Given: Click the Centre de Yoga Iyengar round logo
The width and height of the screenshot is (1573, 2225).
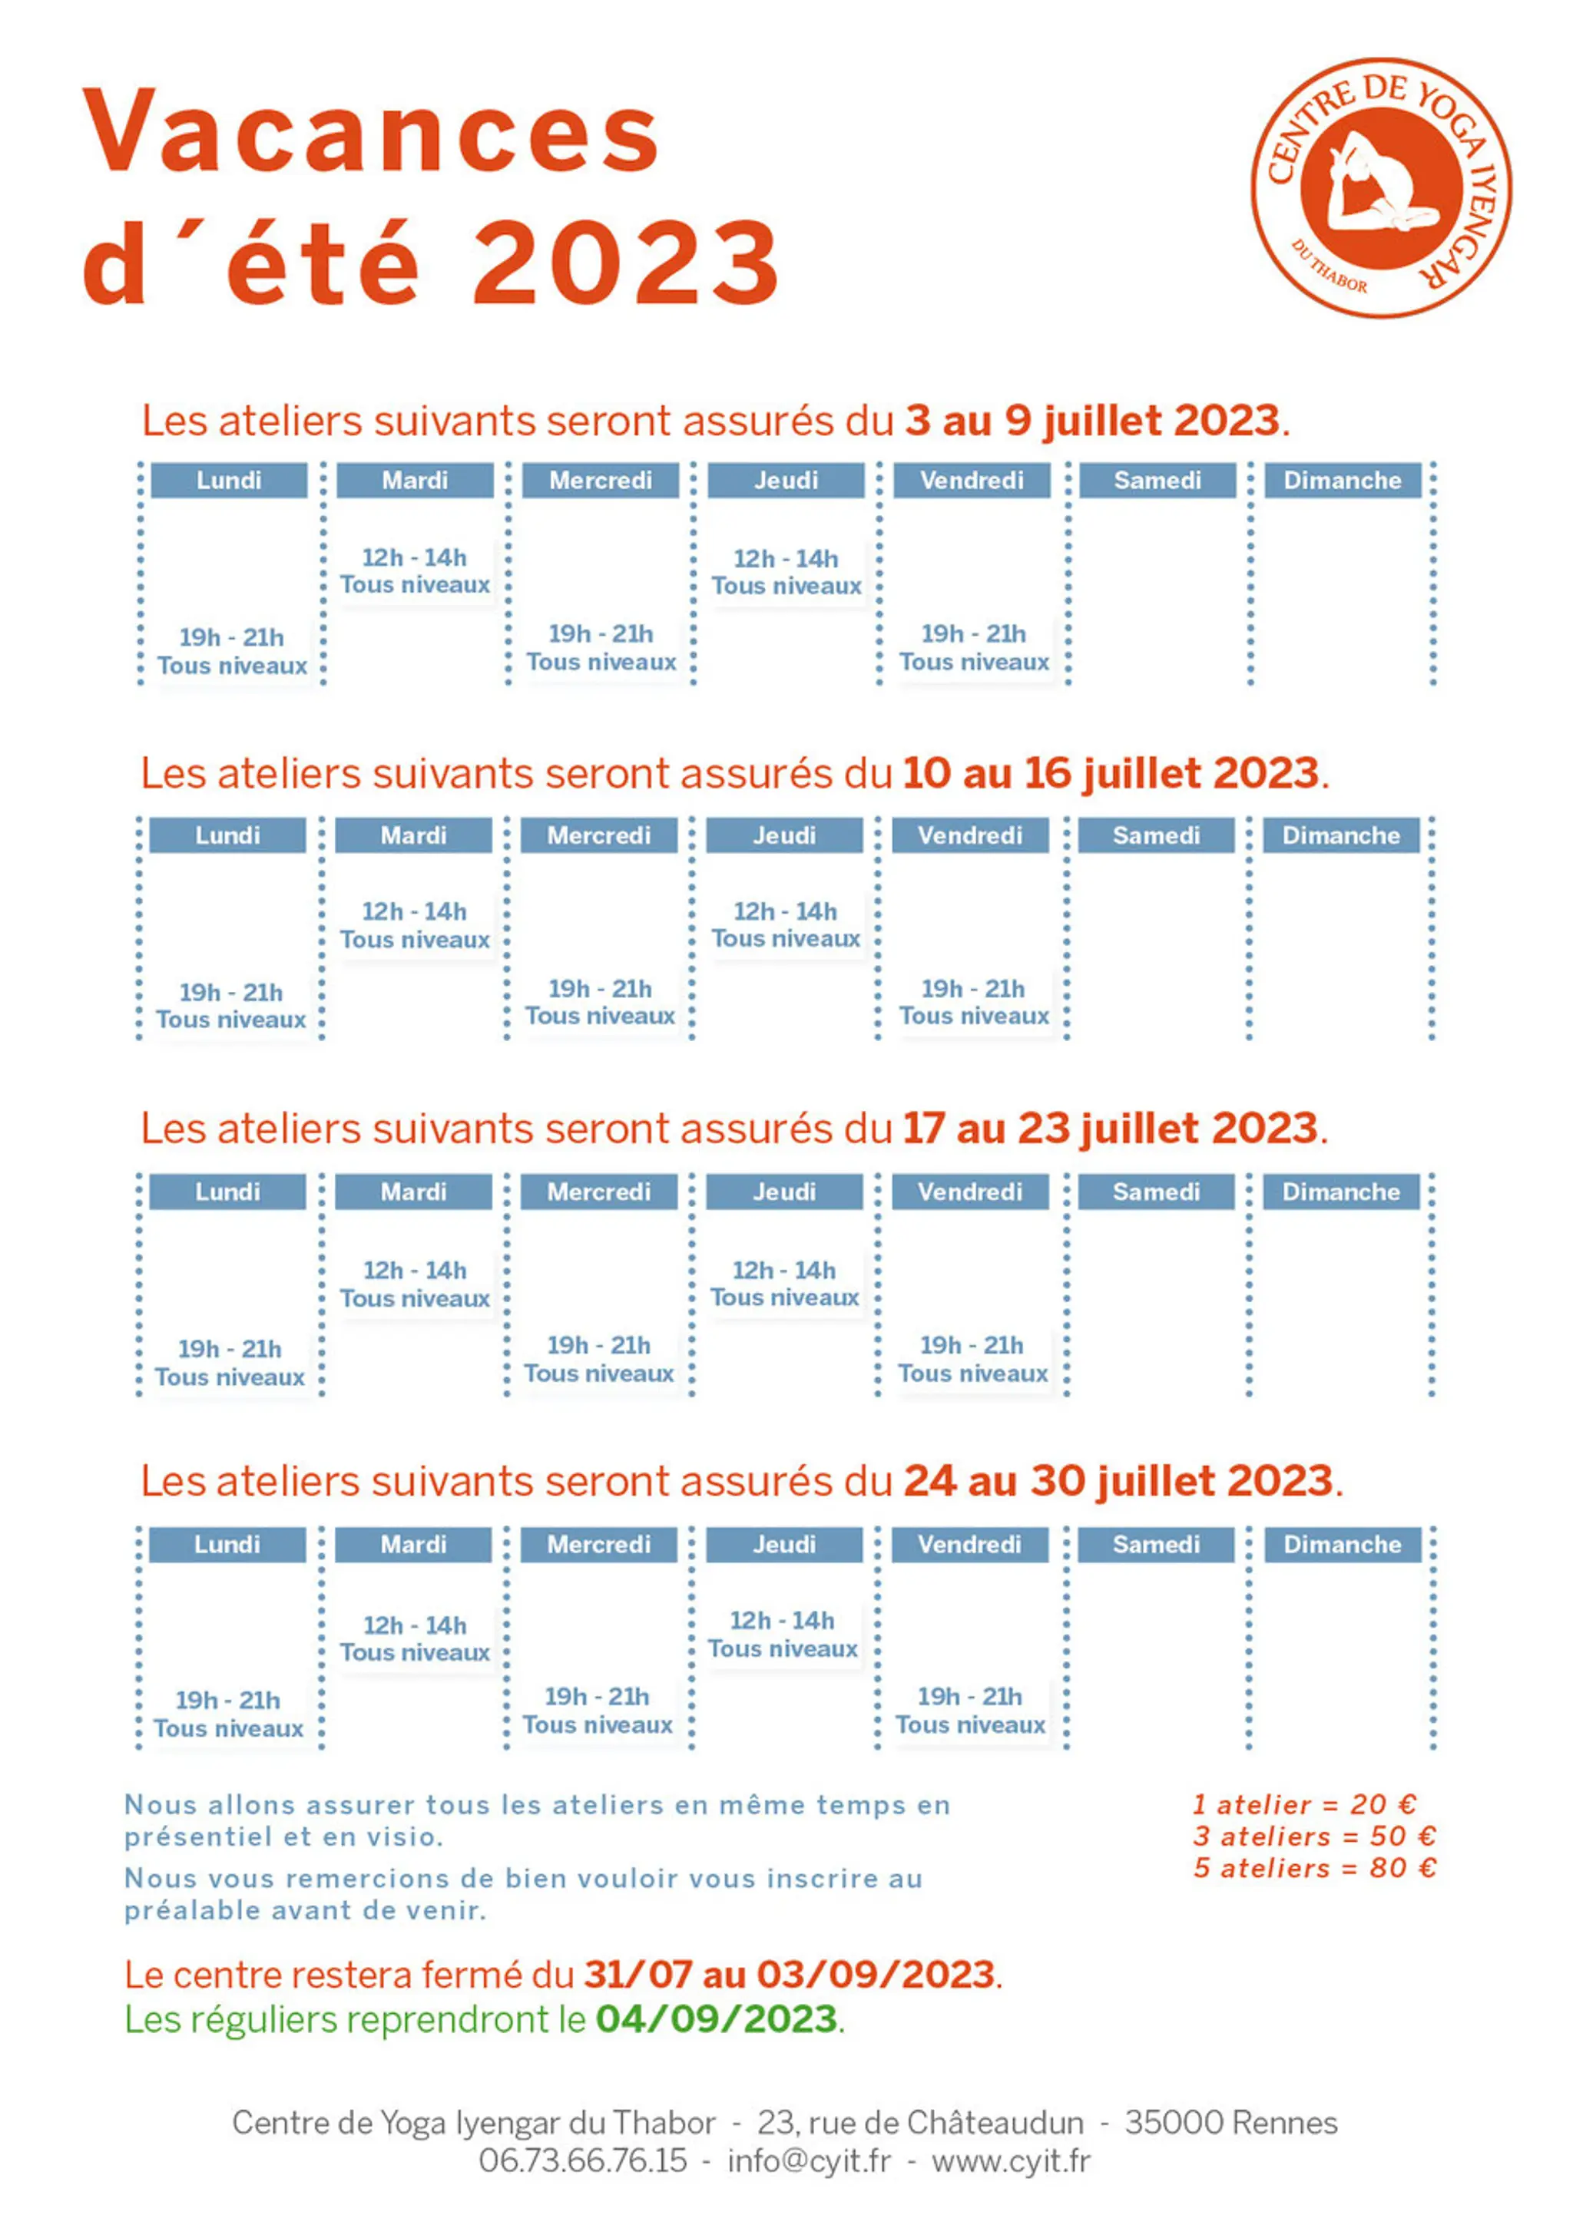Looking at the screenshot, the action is coord(1381,187).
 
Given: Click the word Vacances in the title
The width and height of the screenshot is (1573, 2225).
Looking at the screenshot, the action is coord(371,130).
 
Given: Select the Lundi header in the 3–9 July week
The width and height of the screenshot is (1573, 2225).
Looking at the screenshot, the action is coord(229,480).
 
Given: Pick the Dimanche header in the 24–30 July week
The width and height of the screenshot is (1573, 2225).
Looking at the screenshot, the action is coord(1343,1545).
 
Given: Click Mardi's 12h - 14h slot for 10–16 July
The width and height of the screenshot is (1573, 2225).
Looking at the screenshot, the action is coord(415,925).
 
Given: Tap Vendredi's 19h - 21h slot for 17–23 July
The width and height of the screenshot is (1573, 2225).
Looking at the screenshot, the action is coord(972,1359).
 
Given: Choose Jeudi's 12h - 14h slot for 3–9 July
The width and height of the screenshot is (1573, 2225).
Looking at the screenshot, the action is coord(786,572).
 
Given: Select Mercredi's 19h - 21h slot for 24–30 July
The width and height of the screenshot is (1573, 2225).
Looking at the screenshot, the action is coord(598,1711).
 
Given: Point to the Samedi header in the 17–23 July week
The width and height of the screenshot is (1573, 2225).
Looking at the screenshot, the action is coord(1156,1192).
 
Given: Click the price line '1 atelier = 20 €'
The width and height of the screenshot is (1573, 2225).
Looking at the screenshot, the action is coord(1304,1804).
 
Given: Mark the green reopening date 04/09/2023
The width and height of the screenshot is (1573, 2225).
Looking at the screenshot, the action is coord(717,2019).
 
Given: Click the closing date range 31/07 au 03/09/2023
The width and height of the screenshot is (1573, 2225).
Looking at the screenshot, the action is coord(789,1974).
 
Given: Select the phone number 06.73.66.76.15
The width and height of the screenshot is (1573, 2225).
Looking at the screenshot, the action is coord(582,2160).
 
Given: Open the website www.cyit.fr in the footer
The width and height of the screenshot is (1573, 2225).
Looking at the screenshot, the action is coord(1011,2160).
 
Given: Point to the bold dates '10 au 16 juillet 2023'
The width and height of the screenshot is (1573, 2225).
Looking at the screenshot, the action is coord(1111,773).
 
